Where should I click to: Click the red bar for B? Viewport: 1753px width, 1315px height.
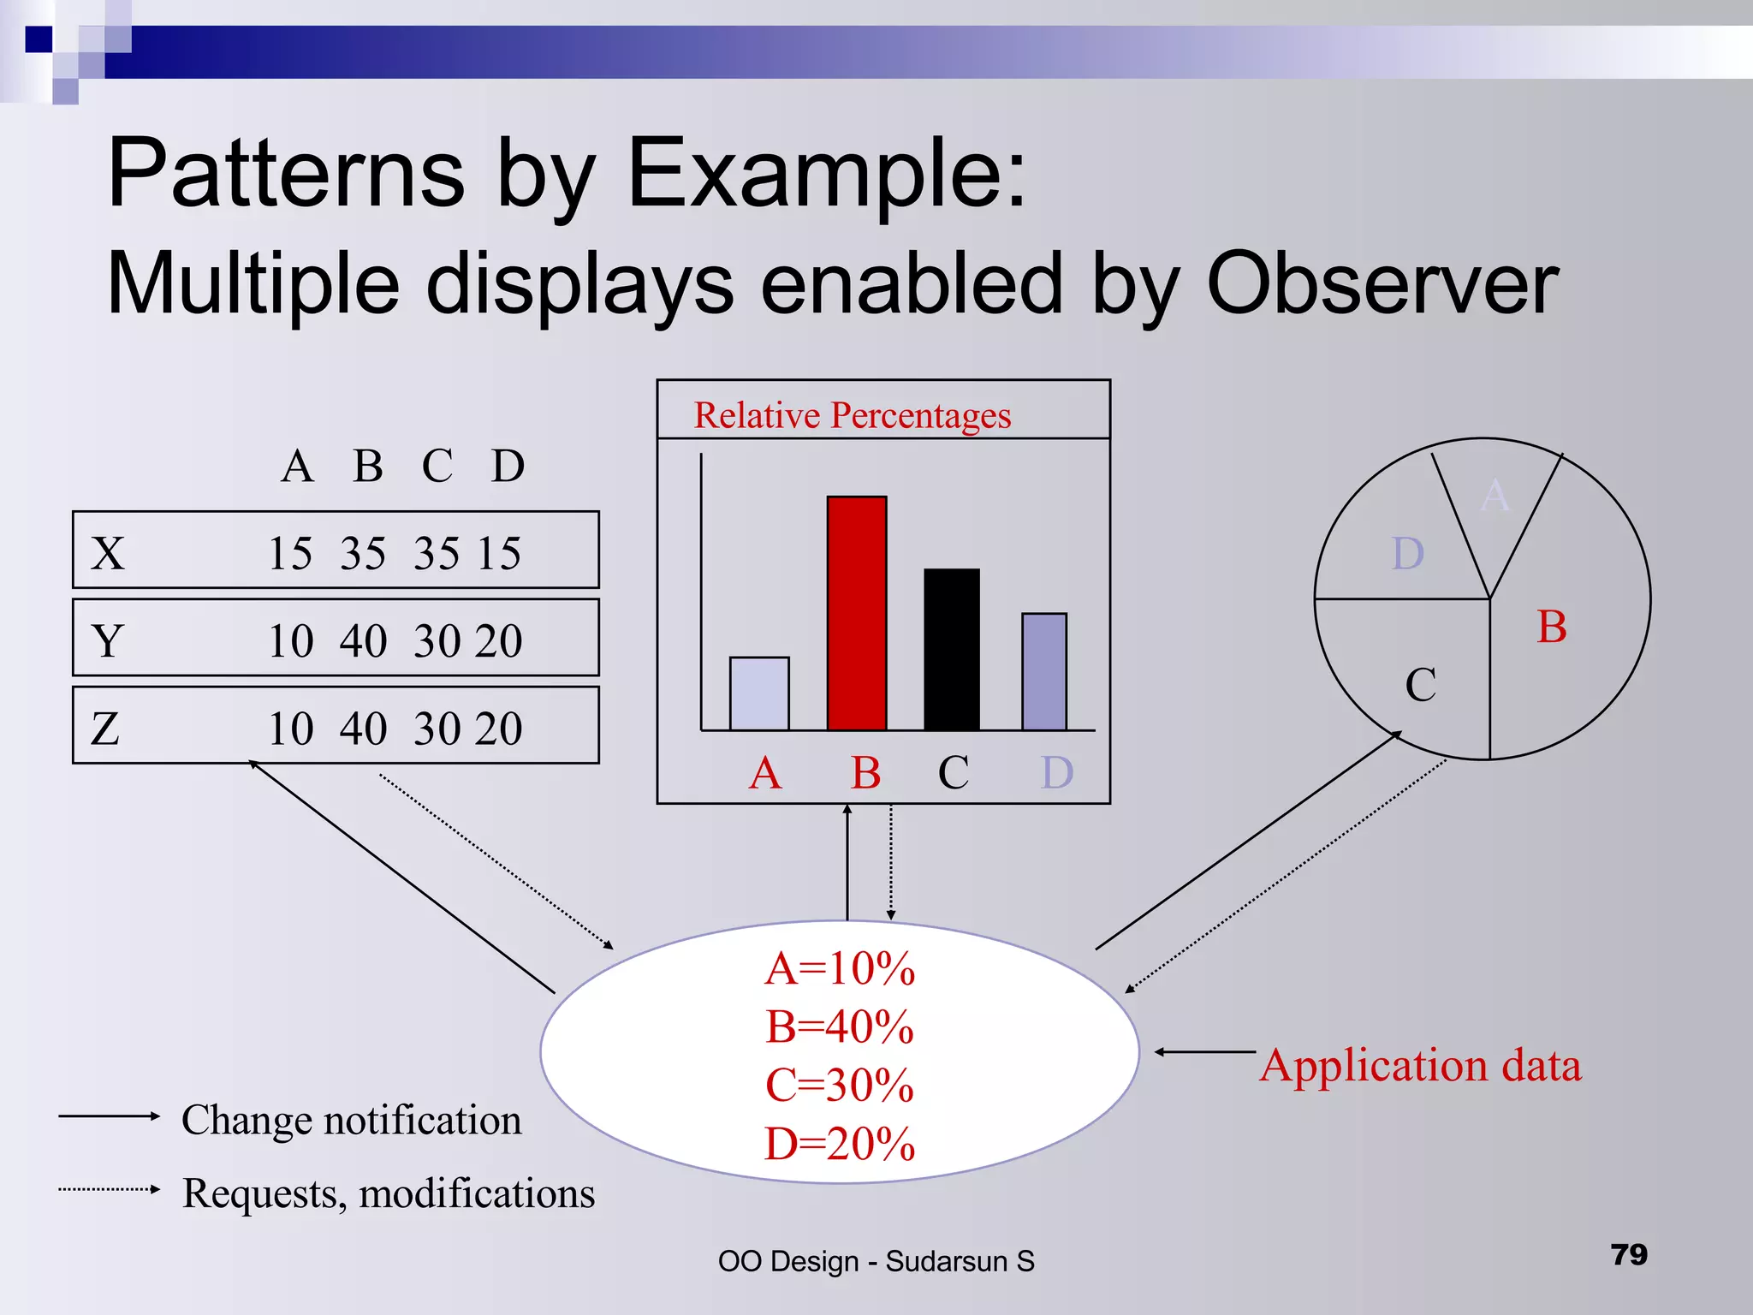(x=856, y=613)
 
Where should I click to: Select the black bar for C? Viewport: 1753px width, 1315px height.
(x=951, y=649)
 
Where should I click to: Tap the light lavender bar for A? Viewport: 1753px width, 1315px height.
(x=759, y=693)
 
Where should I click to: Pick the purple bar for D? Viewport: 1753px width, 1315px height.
(x=1043, y=671)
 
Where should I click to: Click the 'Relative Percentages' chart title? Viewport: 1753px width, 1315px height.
(x=852, y=415)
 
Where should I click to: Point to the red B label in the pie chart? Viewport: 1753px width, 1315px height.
(x=1551, y=627)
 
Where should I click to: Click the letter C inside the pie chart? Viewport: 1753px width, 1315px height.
(x=1420, y=685)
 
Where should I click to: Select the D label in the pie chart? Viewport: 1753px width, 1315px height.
(x=1408, y=554)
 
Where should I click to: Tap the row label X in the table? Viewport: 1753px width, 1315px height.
(x=108, y=553)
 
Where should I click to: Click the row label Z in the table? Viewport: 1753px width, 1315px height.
(x=105, y=729)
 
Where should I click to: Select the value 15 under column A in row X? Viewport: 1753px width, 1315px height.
(x=289, y=553)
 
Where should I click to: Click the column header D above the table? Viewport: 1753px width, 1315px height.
(x=508, y=467)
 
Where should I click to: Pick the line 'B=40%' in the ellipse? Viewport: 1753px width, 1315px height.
(x=839, y=1026)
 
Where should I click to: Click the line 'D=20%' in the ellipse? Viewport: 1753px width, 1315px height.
(x=839, y=1144)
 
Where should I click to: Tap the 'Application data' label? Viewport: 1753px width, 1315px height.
(x=1420, y=1066)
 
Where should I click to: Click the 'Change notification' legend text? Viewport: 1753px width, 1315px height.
(x=351, y=1120)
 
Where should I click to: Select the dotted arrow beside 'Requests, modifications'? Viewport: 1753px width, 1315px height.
(x=109, y=1189)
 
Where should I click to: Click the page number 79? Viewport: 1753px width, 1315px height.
(x=1628, y=1254)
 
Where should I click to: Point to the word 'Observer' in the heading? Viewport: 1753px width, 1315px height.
(x=1382, y=284)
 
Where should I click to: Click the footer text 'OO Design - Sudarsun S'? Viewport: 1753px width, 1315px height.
(x=876, y=1261)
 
